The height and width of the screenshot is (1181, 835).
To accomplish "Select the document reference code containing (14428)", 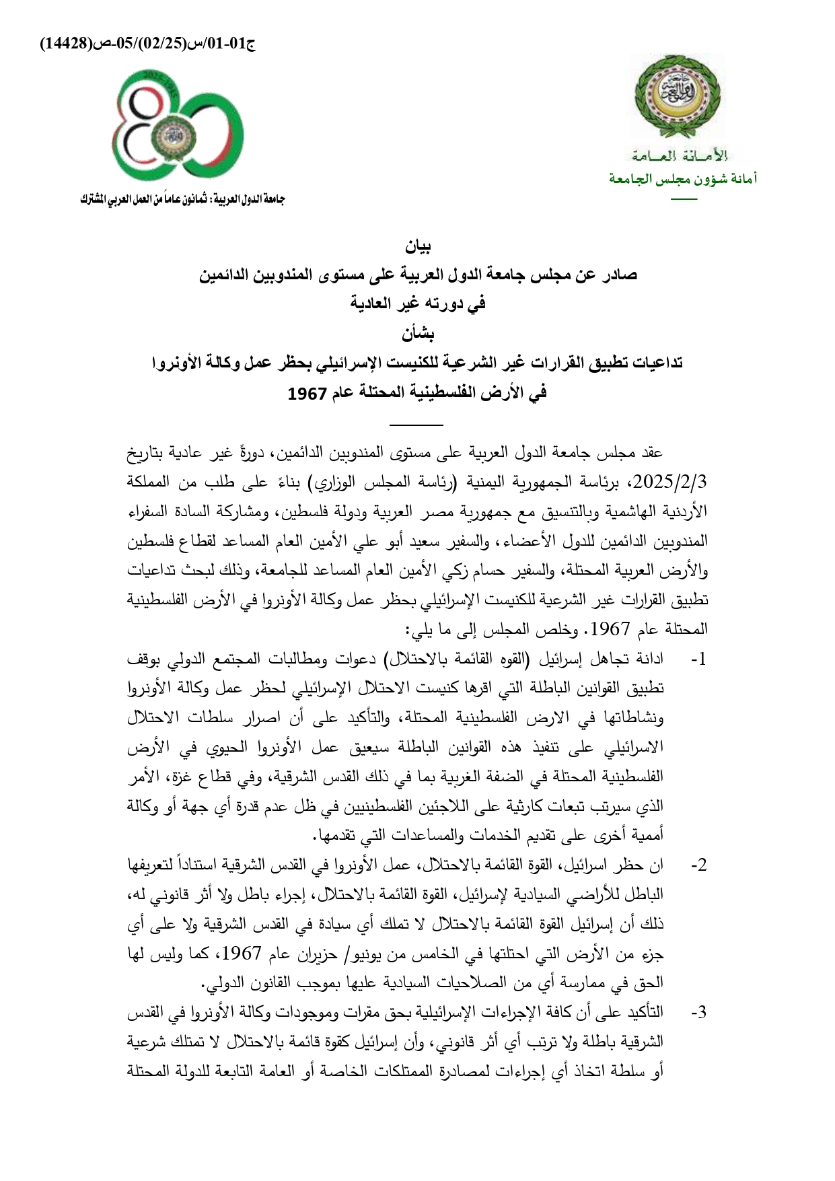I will click(148, 44).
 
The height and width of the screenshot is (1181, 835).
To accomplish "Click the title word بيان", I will click(417, 247).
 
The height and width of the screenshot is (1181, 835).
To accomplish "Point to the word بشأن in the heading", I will click(418, 333).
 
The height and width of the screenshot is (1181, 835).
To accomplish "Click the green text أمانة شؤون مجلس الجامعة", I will click(683, 179).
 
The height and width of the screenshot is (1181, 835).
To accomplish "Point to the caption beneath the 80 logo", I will click(182, 200).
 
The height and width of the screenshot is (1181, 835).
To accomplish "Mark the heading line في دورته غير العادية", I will click(417, 303).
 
